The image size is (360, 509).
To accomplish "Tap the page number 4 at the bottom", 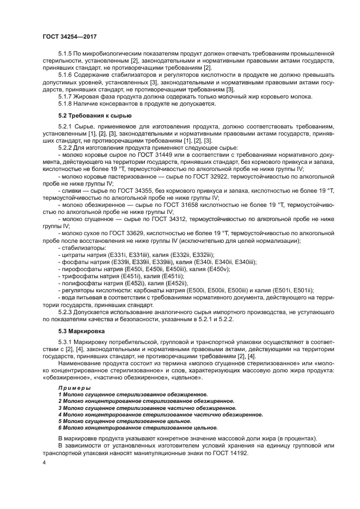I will tap(44, 462).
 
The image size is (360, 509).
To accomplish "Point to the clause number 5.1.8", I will tap(66, 103).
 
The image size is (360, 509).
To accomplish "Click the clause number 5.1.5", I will tap(66, 54).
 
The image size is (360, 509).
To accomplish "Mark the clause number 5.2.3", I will tap(66, 312).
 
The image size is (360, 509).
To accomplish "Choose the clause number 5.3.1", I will tap(66, 342).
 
